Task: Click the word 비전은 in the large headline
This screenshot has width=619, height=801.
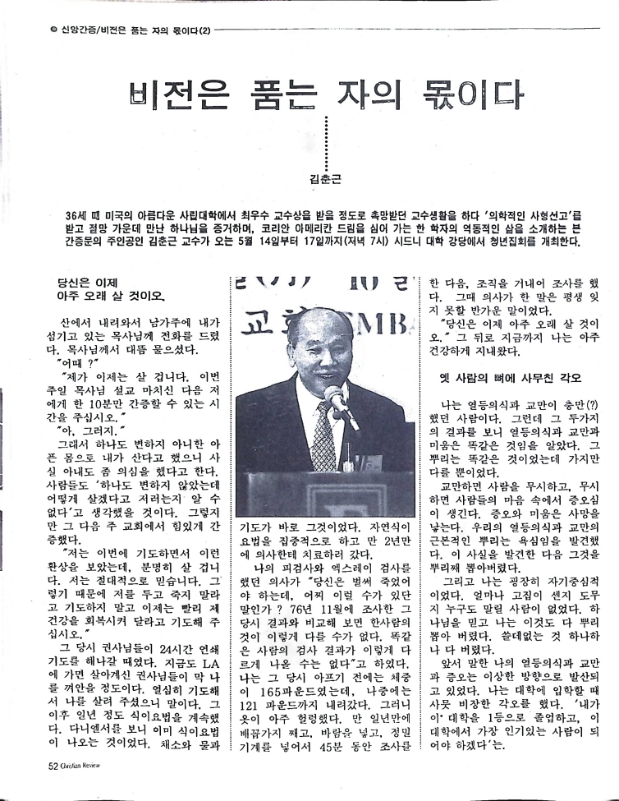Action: [x=182, y=97]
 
